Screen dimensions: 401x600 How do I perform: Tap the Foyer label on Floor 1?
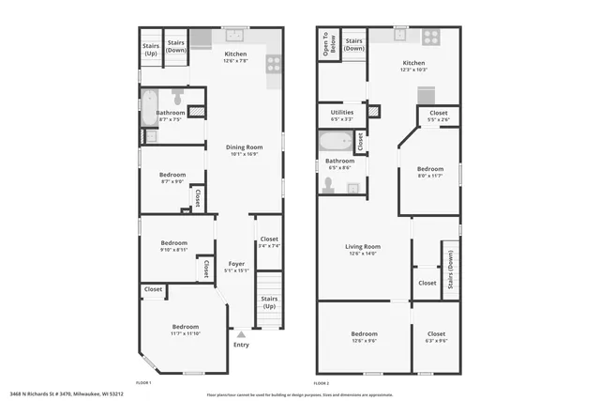(236, 264)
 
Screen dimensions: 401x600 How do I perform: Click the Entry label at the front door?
(241, 345)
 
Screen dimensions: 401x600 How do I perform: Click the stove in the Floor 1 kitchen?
(274, 64)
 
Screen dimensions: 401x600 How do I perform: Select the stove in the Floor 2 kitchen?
(431, 38)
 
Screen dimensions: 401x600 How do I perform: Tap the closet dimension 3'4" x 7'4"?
(269, 246)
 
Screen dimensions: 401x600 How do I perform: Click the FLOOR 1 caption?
(143, 383)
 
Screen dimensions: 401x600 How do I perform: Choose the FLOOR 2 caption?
(322, 383)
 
